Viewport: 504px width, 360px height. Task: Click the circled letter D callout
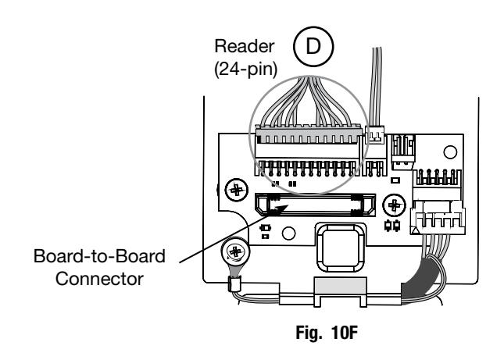tap(313, 47)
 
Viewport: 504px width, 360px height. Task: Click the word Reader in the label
tap(245, 46)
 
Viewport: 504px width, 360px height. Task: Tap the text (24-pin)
tap(245, 69)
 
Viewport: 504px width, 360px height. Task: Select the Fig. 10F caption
tap(327, 333)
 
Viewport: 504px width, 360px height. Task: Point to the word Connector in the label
tap(99, 279)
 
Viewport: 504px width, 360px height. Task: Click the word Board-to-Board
tap(99, 256)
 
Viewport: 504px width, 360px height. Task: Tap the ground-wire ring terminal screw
tap(235, 251)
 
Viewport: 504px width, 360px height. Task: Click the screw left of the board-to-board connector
tap(237, 190)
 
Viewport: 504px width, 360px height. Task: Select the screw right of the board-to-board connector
tap(394, 205)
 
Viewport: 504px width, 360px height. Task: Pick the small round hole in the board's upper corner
tap(450, 152)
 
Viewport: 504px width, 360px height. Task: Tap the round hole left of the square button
tap(288, 233)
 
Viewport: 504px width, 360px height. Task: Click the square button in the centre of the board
tap(341, 248)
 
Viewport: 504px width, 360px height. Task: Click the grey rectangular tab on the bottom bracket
tap(341, 286)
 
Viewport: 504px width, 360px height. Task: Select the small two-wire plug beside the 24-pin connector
tap(375, 135)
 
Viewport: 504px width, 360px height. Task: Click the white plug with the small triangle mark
tap(438, 217)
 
